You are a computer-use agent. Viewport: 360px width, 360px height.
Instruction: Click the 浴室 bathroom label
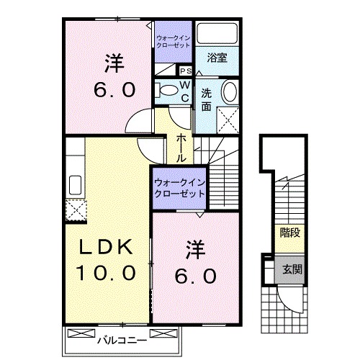coord(217,58)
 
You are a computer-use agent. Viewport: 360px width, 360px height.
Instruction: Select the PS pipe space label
coord(185,71)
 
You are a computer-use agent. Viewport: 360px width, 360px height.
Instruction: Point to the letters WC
coord(184,91)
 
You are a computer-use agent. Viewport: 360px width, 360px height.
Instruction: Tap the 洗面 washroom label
coord(207,99)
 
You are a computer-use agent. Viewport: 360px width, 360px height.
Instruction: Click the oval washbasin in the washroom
coord(229,93)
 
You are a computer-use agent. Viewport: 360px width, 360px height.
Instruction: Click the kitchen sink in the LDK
coord(74,184)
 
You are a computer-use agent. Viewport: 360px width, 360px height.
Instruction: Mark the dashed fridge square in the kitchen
coord(74,210)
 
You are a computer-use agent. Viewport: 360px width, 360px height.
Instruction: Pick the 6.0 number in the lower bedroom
coord(193,276)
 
